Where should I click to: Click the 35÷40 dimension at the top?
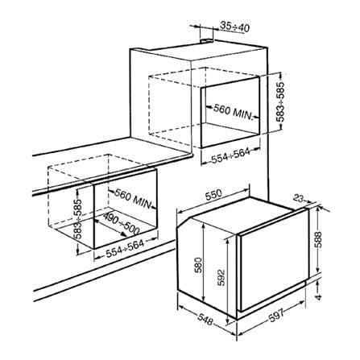235,27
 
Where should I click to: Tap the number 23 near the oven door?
299,198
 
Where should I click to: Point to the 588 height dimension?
319,239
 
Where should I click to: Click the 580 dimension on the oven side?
198,265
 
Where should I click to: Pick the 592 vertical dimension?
221,278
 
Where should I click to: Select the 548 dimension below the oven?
205,320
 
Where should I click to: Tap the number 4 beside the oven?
318,297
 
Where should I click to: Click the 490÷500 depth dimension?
122,223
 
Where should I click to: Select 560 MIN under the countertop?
133,198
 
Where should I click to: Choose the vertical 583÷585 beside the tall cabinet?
281,102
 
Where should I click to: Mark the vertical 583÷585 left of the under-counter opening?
78,219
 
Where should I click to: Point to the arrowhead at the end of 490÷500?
123,234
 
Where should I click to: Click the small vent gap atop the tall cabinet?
207,41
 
